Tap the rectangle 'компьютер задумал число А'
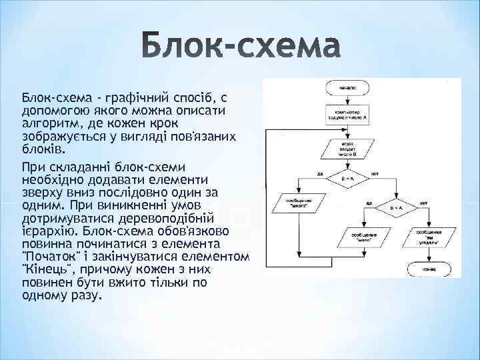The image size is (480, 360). click(347, 114)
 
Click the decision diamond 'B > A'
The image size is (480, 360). click(347, 179)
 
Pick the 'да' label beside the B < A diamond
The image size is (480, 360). click(368, 203)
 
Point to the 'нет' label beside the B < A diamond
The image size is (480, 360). click(423, 203)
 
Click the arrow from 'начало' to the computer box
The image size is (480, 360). click(347, 99)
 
